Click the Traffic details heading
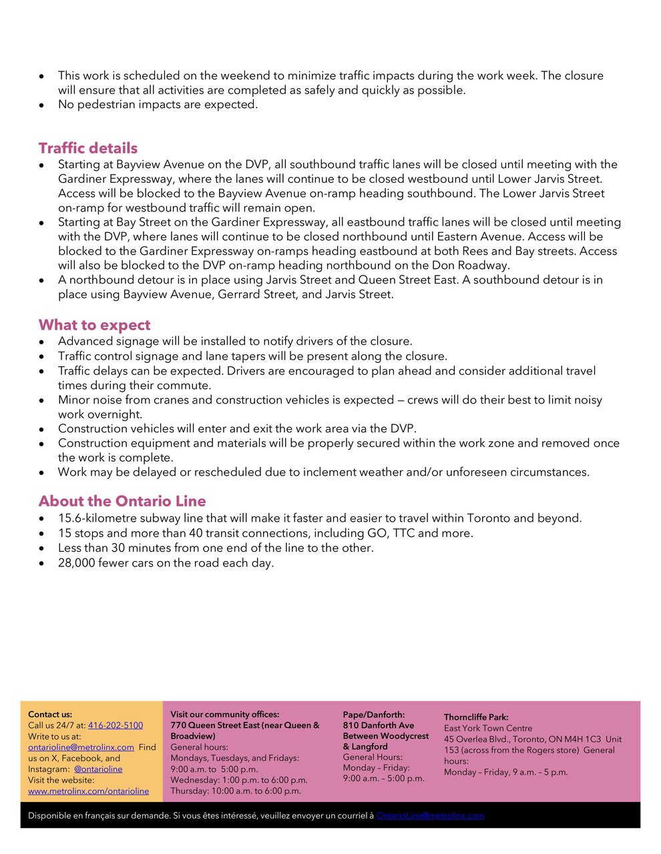pyautogui.click(x=87, y=148)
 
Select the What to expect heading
pyautogui.click(x=94, y=325)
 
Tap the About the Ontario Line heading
pyautogui.click(x=122, y=501)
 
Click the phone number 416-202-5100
pyautogui.click(x=116, y=725)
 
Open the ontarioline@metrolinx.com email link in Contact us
pyautogui.click(x=81, y=747)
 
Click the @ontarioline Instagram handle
pyautogui.click(x=98, y=769)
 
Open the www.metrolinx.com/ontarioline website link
pyautogui.click(x=88, y=791)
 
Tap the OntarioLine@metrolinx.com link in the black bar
pyautogui.click(x=430, y=815)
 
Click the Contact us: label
pyautogui.click(x=50, y=714)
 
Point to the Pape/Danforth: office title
pyautogui.click(x=374, y=715)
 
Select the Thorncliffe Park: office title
pyautogui.click(x=476, y=717)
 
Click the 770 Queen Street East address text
pyautogui.click(x=244, y=725)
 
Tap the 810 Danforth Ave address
pyautogui.click(x=379, y=725)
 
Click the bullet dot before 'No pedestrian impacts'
pyautogui.click(x=42, y=105)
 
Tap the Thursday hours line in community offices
pyautogui.click(x=236, y=791)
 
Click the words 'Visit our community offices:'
pyautogui.click(x=224, y=714)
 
